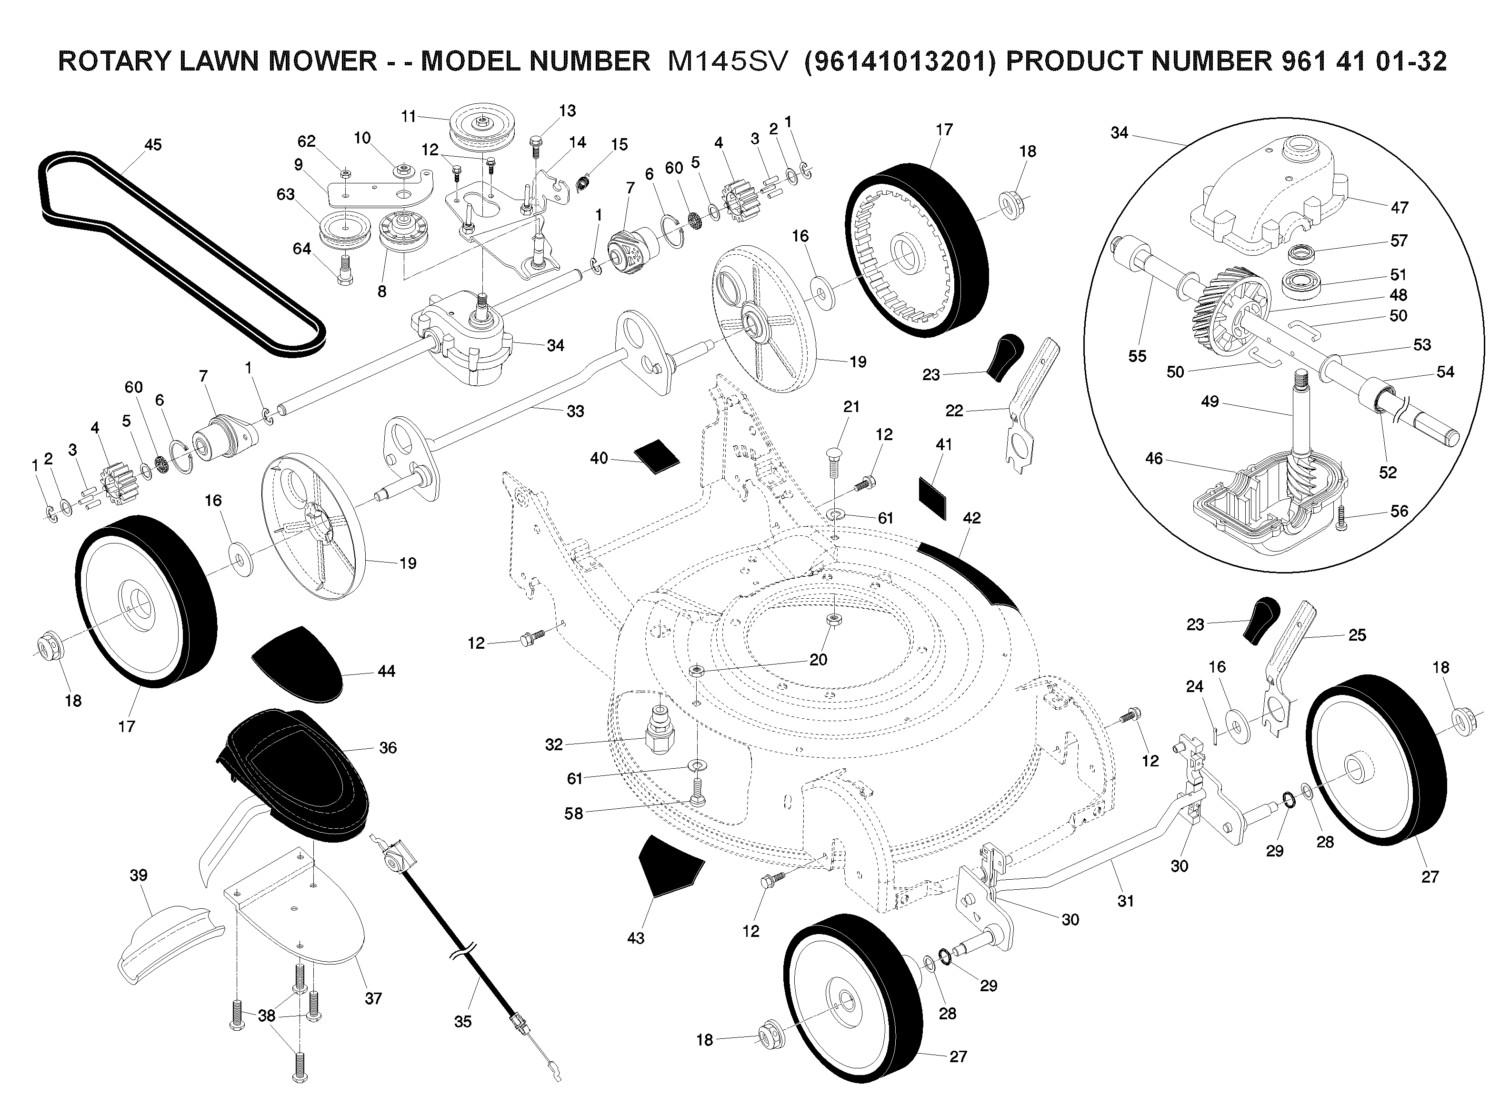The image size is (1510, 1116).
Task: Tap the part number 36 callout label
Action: coord(388,748)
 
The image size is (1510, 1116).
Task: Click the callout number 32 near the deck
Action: coord(554,744)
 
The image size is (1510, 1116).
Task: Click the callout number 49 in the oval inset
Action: coord(1210,401)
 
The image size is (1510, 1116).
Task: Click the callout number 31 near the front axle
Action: coord(1125,901)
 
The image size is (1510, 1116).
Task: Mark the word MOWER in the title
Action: coord(323,61)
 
